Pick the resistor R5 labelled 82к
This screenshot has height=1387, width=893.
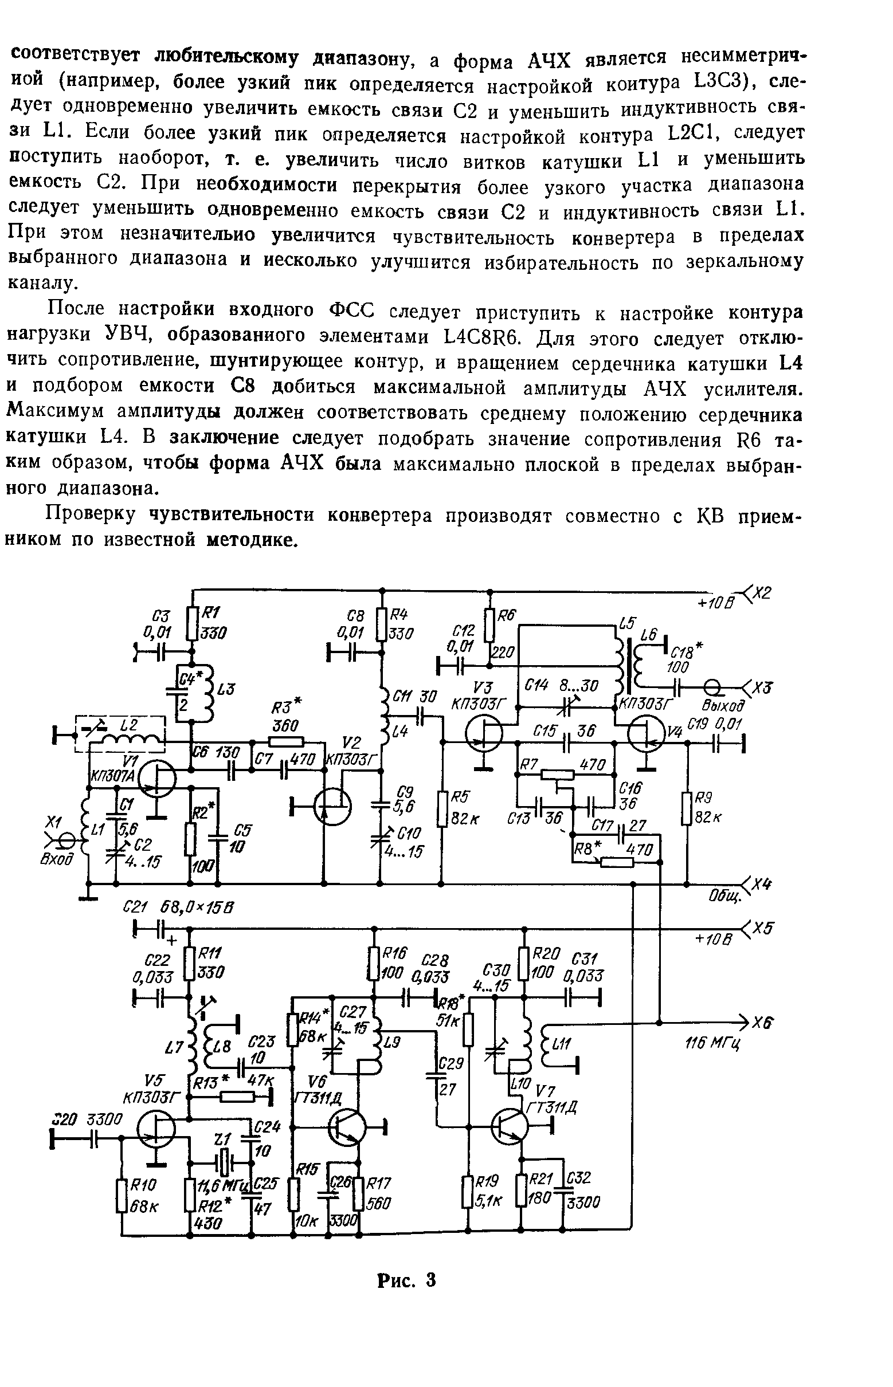pyautogui.click(x=441, y=808)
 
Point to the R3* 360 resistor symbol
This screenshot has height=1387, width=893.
pyautogui.click(x=287, y=741)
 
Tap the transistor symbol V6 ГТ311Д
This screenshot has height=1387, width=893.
pyautogui.click(x=346, y=1127)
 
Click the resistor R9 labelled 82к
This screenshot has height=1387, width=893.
pyautogui.click(x=687, y=808)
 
